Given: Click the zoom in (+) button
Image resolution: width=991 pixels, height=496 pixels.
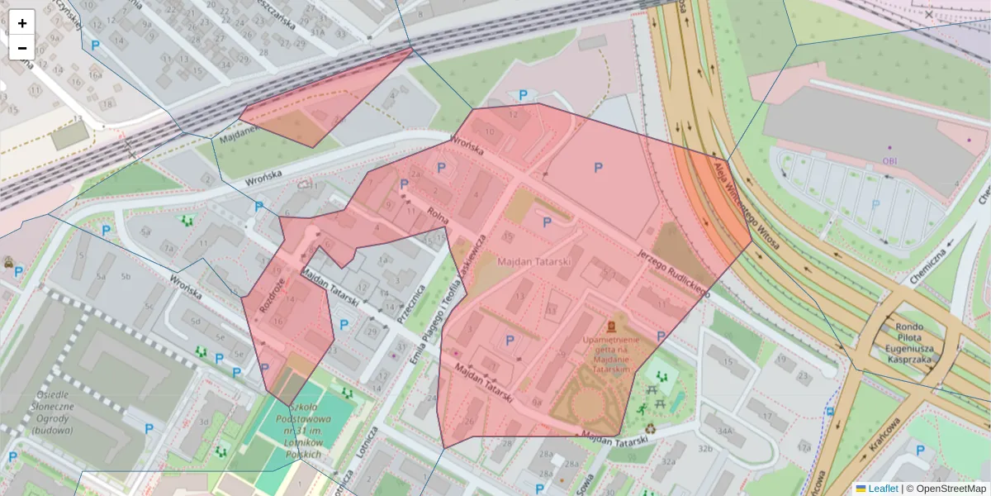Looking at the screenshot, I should (22, 22).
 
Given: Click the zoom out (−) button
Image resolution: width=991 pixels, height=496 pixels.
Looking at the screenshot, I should (22, 48).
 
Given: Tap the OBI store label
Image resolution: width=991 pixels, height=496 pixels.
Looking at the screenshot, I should (889, 161).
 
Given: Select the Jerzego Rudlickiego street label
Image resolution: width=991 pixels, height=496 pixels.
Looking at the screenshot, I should (674, 273).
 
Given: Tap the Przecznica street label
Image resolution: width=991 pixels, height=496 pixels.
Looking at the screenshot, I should (410, 304).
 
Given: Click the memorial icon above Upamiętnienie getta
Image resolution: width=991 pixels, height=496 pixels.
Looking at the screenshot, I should (611, 326).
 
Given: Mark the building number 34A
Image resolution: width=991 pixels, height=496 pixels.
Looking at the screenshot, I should (725, 431).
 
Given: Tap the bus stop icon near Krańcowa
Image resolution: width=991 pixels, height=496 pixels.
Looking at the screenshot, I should (830, 411).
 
